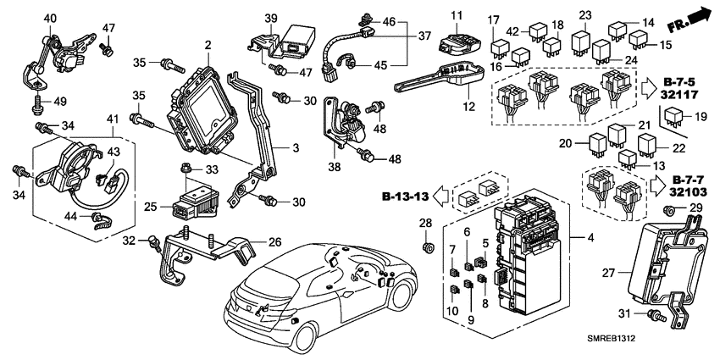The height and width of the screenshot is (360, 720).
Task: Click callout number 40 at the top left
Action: tap(50, 18)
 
